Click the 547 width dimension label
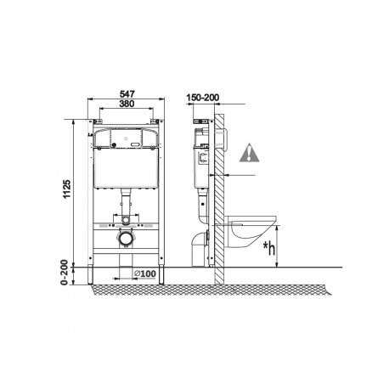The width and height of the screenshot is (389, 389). point(127,93)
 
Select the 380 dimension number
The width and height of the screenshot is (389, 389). point(127,104)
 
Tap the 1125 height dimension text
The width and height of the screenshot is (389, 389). point(67,189)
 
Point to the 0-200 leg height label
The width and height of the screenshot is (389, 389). point(65,272)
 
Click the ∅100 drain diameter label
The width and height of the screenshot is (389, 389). point(145,273)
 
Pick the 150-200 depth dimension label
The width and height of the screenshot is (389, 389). point(202,98)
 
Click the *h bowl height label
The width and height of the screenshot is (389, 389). point(269,249)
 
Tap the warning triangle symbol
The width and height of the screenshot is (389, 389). point(249,153)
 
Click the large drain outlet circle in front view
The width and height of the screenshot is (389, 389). point(125,239)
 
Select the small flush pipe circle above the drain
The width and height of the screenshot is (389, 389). point(125,219)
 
